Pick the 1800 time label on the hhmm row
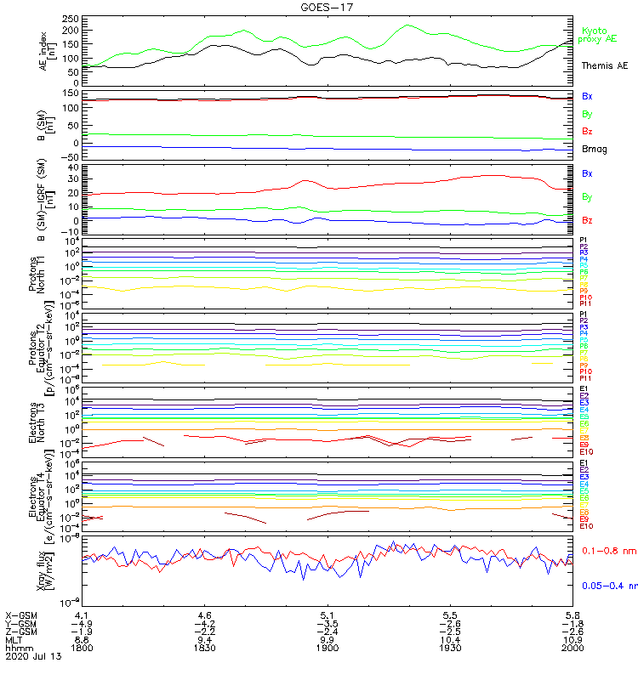coord(83,647)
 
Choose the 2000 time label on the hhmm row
coord(572,647)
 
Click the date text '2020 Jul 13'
coord(33,656)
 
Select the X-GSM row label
coord(21,614)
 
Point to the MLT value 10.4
coord(450,638)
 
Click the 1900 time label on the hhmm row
coord(328,647)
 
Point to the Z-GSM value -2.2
coord(204,630)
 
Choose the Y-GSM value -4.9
coord(82,622)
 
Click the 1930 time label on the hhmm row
coord(450,647)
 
